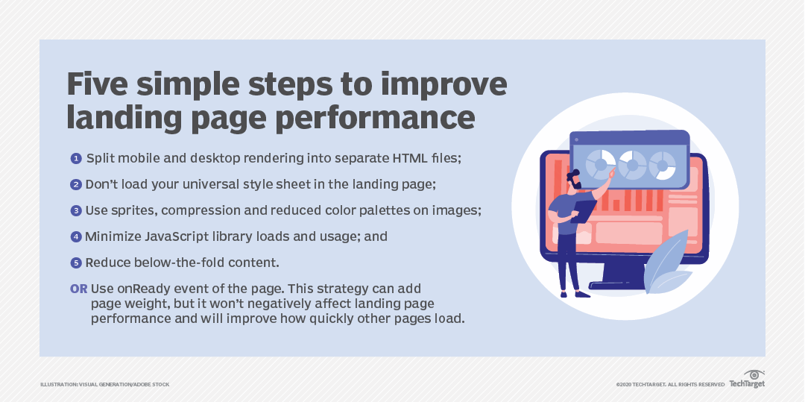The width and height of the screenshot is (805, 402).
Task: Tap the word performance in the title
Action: coord(375,118)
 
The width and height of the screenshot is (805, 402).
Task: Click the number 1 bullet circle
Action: coord(76,159)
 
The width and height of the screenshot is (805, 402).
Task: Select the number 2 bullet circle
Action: coord(76,185)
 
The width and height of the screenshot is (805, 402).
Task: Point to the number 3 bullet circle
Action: coord(76,211)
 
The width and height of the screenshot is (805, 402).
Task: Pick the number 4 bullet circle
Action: coord(76,237)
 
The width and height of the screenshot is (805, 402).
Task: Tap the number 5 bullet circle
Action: coord(76,263)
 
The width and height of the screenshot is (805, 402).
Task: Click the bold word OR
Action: coord(78,289)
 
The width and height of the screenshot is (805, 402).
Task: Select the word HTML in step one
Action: coord(410,158)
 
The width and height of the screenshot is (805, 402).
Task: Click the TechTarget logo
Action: coord(747,380)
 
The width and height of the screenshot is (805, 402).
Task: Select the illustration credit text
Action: coord(105,385)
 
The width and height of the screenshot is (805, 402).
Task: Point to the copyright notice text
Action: coord(671,385)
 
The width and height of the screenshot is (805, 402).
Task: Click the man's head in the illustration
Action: coord(574,179)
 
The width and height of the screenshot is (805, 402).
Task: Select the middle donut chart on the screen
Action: coord(633,165)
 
